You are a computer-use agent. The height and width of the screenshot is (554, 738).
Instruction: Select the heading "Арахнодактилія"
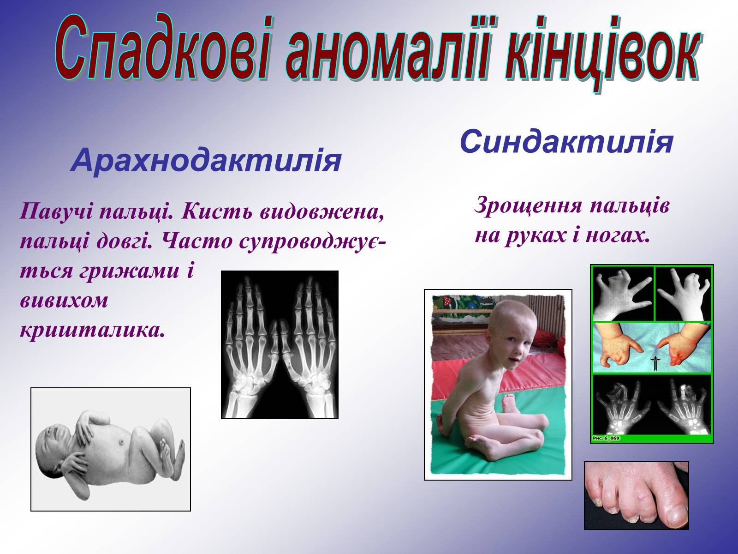(x=206, y=161)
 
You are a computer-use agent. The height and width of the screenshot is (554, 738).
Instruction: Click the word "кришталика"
(x=93, y=331)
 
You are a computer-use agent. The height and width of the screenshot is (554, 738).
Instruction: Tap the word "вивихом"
(x=64, y=301)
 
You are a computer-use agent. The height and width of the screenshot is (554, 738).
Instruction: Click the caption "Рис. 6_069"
(x=606, y=438)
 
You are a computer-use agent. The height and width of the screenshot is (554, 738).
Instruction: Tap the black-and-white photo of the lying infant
(x=111, y=449)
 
